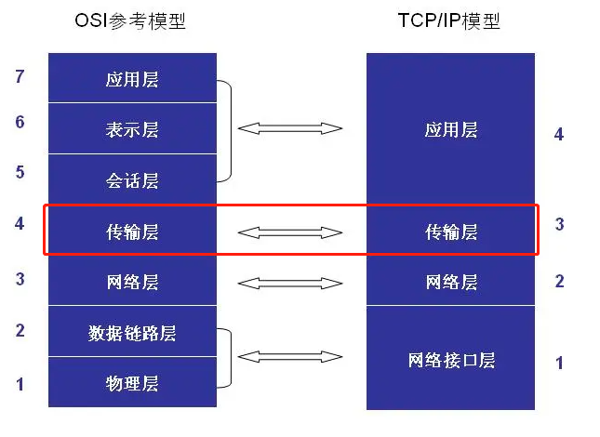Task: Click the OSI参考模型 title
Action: (130, 21)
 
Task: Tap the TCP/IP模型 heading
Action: (449, 21)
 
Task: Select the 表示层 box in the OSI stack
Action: (132, 128)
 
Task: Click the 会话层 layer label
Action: (132, 180)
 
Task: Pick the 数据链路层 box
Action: (132, 331)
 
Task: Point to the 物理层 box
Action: (132, 382)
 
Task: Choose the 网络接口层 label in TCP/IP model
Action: (451, 360)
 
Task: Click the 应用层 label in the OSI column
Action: (132, 79)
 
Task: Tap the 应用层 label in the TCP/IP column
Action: (451, 129)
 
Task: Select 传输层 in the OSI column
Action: (132, 232)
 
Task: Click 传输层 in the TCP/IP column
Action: (451, 232)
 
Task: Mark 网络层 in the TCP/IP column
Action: (451, 282)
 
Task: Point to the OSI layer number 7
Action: (20, 76)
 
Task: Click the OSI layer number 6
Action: (20, 122)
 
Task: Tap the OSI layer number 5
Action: (20, 172)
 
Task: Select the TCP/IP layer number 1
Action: (559, 363)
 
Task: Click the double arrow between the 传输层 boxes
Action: (290, 232)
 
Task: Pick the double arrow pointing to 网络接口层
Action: (290, 357)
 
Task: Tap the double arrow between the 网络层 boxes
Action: (290, 284)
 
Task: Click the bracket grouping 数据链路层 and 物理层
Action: (231, 358)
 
